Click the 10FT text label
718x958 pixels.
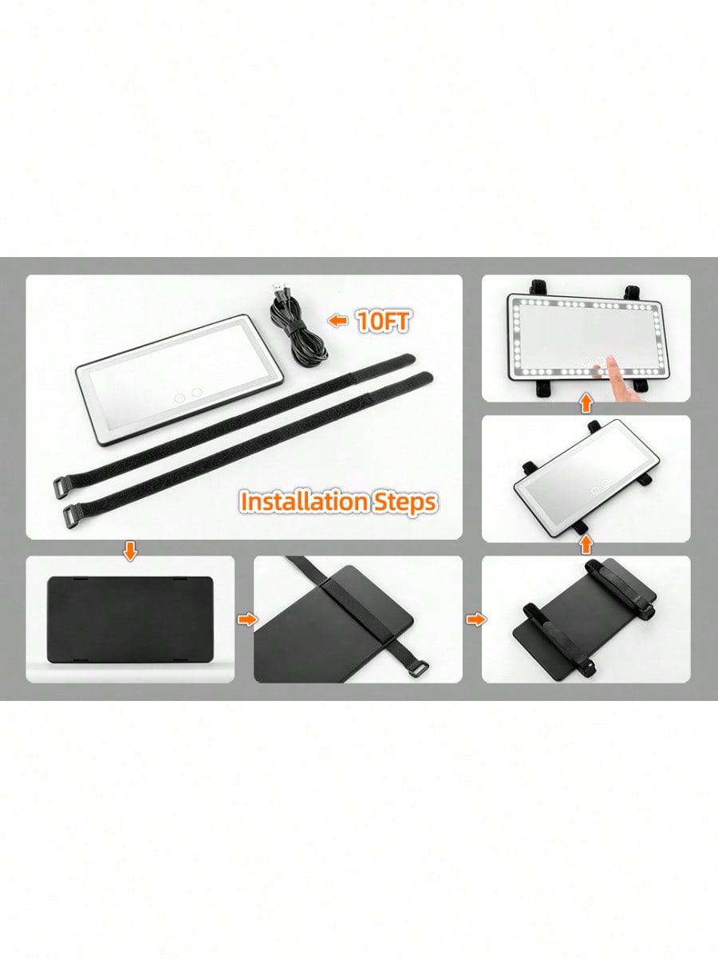pos(384,322)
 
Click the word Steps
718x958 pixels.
pos(403,503)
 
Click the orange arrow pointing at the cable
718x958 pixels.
pos(337,321)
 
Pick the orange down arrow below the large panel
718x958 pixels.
pos(130,552)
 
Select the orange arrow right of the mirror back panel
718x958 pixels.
pos(247,620)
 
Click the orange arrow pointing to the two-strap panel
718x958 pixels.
pos(476,620)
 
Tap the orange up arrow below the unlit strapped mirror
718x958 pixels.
pos(587,545)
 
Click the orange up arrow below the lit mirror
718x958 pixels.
pos(587,405)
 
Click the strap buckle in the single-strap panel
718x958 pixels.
pos(420,667)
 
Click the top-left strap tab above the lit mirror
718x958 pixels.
pos(536,288)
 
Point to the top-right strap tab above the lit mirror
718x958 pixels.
pos(631,291)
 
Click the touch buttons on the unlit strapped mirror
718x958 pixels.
pos(599,487)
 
